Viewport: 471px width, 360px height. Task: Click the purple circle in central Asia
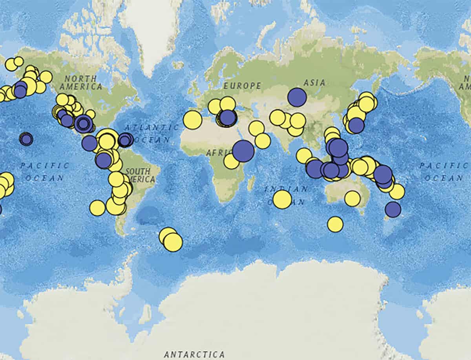(297, 97)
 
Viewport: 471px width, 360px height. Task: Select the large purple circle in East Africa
(243, 151)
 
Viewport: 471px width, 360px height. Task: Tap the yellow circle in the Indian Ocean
(282, 199)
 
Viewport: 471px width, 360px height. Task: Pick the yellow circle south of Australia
(335, 224)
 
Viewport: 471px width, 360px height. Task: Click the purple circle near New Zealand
(393, 209)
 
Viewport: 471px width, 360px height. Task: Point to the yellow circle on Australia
(352, 198)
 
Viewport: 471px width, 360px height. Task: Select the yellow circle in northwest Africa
(192, 120)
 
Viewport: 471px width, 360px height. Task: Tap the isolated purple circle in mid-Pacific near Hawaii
(26, 139)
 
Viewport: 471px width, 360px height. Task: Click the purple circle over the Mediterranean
(227, 118)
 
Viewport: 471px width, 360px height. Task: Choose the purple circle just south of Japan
(356, 125)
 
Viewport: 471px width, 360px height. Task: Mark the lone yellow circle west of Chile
(97, 208)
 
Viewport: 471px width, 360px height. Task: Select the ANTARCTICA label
(194, 355)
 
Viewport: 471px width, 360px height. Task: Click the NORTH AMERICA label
(81, 82)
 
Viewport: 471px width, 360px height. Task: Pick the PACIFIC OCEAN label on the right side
(442, 172)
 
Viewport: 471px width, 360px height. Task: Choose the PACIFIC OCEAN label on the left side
(44, 172)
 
